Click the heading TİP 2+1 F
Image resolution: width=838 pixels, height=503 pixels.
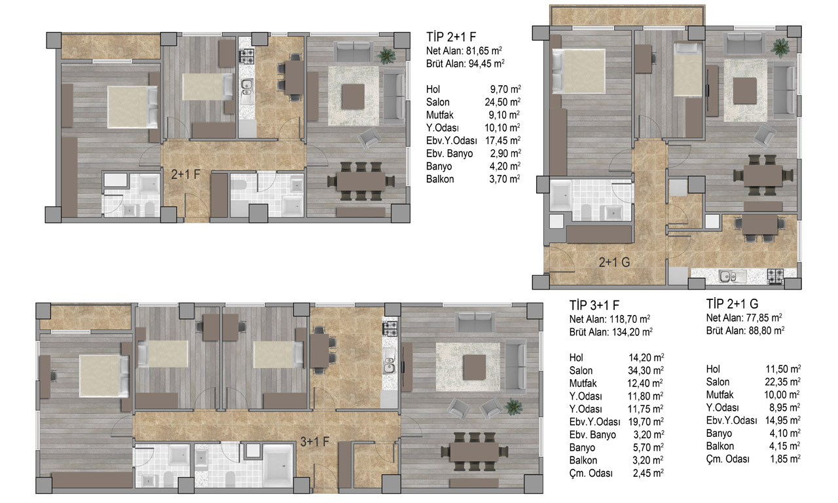(451, 37)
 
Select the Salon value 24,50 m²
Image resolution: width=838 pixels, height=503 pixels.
(502, 102)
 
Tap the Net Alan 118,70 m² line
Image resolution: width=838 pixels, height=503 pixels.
(610, 319)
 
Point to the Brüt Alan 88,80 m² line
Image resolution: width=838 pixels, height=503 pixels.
(745, 331)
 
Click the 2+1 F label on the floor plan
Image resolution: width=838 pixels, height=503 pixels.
(185, 174)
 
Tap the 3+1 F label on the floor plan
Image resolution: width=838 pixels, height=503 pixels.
(315, 442)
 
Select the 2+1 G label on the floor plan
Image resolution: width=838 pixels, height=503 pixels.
(614, 263)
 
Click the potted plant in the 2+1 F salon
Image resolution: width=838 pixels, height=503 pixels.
(386, 56)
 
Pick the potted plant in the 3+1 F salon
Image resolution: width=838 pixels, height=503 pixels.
(513, 407)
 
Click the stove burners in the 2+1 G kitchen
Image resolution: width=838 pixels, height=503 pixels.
(775, 276)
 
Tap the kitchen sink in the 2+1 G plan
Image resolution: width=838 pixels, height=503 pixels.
(733, 276)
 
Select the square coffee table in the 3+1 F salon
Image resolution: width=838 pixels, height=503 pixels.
(474, 367)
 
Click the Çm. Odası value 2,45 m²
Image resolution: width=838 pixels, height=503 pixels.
(648, 474)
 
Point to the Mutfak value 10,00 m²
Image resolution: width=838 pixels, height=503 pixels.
(782, 395)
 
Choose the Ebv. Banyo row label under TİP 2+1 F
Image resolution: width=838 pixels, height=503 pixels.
(449, 153)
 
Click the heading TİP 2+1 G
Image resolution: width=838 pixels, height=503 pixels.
(732, 304)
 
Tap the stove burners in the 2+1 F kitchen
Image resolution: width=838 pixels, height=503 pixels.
(247, 56)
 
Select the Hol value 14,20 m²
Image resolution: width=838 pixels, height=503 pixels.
(646, 358)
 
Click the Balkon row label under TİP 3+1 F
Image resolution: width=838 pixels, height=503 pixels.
(583, 460)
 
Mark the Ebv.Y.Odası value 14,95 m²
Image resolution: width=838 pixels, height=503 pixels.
(782, 420)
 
